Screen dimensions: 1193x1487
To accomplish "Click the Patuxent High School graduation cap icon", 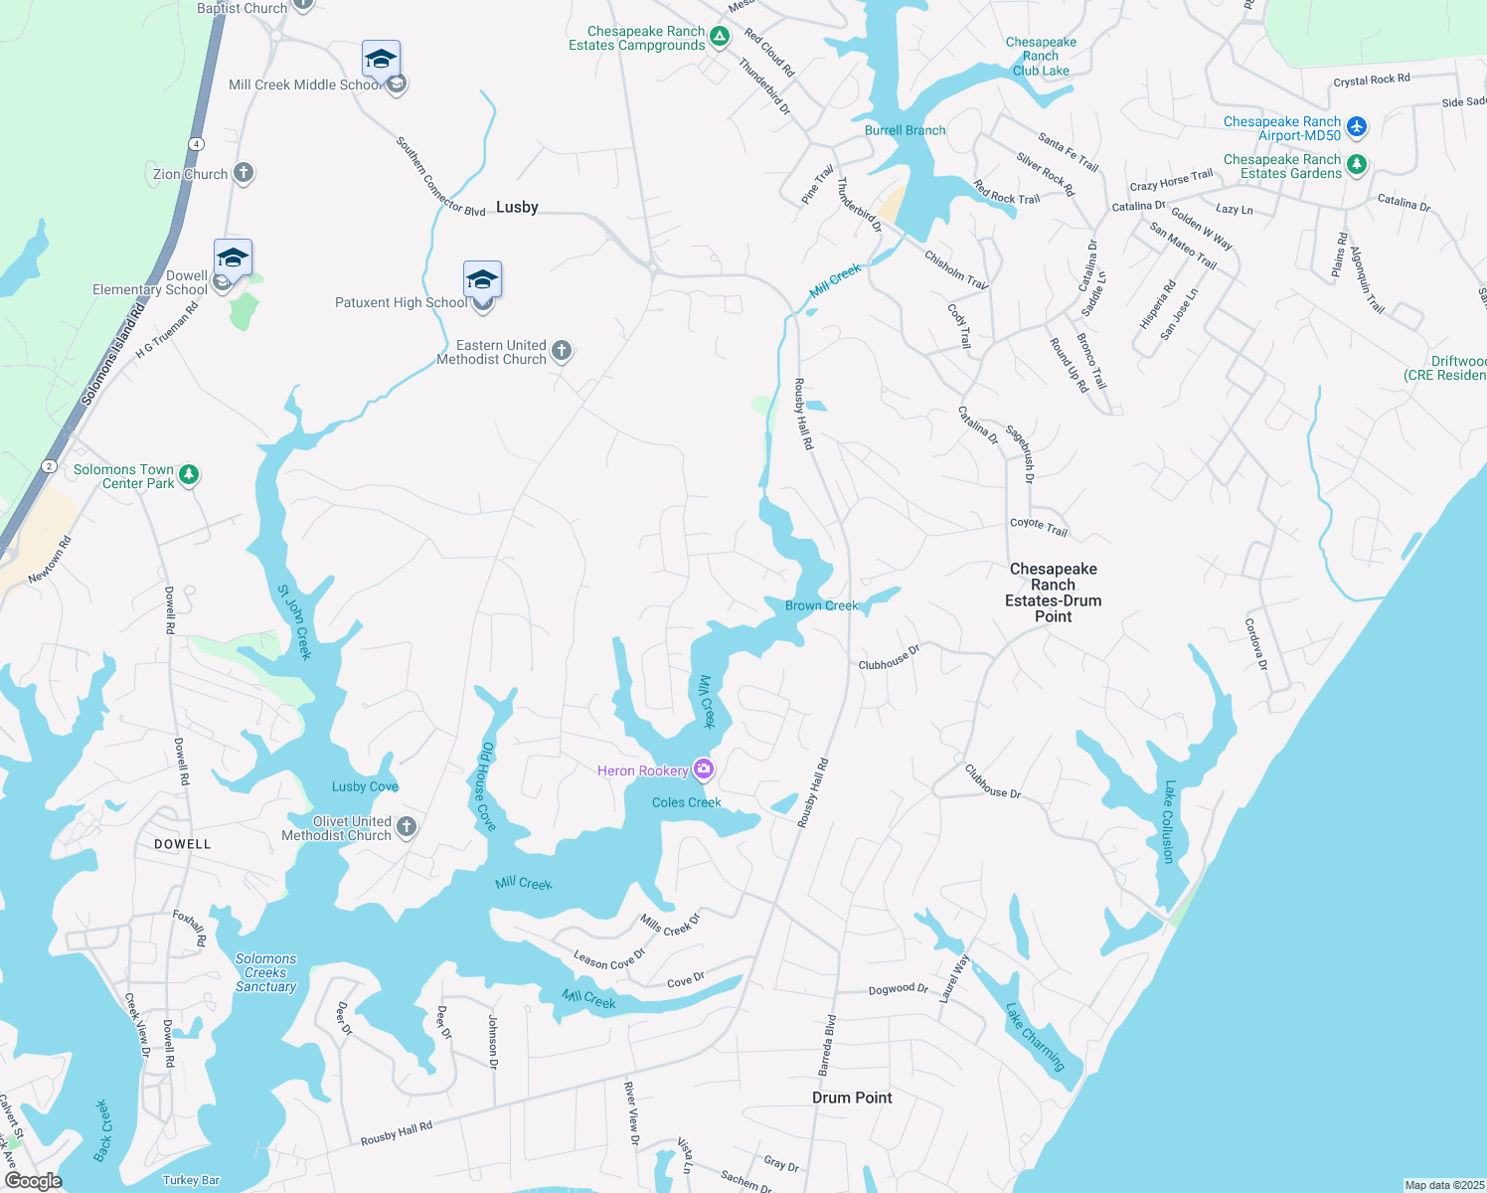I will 482,279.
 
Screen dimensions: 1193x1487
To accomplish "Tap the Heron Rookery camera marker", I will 704,768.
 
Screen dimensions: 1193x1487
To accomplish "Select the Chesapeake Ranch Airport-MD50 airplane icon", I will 1357,127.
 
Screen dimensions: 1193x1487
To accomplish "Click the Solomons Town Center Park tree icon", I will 189,475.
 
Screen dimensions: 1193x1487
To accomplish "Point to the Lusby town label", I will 517,207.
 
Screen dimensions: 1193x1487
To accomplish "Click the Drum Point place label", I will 852,1098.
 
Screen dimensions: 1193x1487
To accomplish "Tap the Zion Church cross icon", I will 244,173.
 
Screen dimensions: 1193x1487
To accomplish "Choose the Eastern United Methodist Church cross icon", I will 562,350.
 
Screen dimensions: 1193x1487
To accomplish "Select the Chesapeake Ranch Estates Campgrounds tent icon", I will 720,38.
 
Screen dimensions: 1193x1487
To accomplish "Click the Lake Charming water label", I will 1035,1037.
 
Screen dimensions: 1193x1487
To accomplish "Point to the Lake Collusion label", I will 1169,821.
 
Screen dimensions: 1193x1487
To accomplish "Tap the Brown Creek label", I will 821,605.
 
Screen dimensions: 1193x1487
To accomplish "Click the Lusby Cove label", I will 365,786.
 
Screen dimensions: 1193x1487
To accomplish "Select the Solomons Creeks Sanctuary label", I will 265,973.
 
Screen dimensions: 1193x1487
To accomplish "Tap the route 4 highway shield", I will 197,144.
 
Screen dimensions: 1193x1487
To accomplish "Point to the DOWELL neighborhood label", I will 183,844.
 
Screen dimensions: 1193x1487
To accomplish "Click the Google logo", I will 33,1181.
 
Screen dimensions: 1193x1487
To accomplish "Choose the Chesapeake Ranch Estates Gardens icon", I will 1357,165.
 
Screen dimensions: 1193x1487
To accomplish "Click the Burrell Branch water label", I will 905,130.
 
